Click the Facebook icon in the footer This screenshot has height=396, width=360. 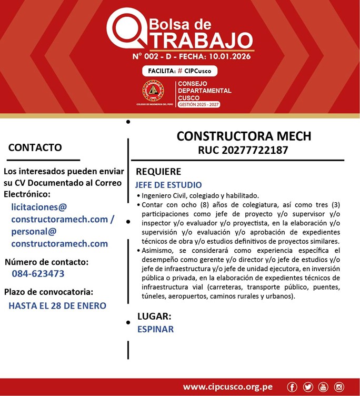click(x=293, y=387)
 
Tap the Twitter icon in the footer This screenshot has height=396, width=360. click(x=308, y=387)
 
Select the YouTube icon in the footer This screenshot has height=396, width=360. click(x=323, y=387)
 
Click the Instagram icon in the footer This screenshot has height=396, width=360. click(x=339, y=387)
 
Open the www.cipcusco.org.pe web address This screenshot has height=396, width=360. click(x=227, y=387)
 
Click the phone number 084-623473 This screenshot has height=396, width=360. click(x=38, y=274)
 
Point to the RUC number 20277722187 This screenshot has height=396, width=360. click(x=243, y=150)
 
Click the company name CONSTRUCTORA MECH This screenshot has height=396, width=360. click(x=244, y=136)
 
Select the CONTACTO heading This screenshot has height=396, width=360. click(x=35, y=147)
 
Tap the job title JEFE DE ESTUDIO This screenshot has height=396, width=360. click(x=168, y=185)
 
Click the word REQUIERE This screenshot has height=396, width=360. click(x=158, y=172)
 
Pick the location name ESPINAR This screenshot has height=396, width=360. click(x=155, y=329)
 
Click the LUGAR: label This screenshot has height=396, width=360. click(x=154, y=316)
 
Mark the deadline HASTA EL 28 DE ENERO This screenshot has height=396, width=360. click(x=57, y=305)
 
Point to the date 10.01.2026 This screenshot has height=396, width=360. click(x=228, y=56)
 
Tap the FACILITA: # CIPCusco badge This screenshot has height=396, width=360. click(x=179, y=71)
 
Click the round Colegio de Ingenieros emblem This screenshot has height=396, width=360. click(x=153, y=91)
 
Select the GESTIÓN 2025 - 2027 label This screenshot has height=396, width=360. click(x=199, y=105)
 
